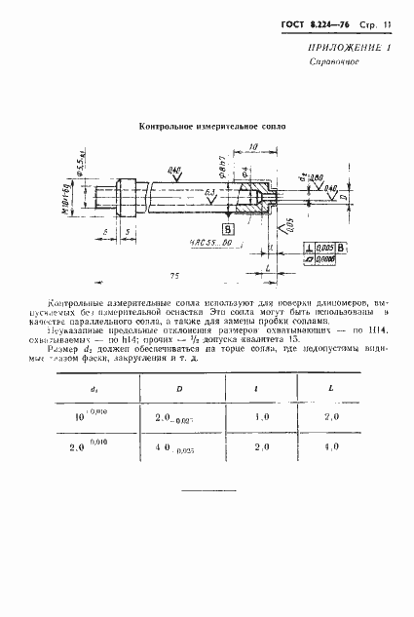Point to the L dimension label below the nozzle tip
(x=267, y=265)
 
